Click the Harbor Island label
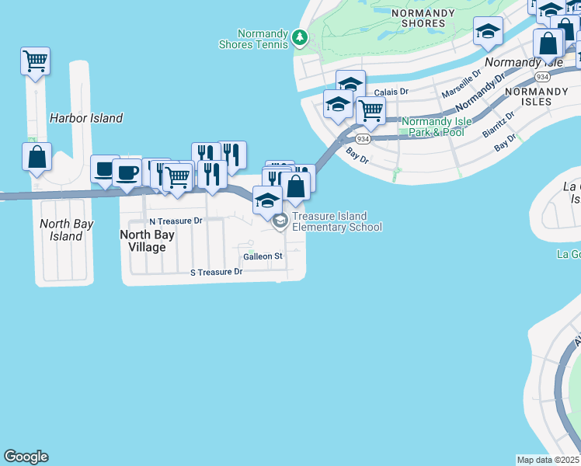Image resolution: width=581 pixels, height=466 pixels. (85, 118)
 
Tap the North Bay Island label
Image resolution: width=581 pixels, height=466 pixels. (66, 230)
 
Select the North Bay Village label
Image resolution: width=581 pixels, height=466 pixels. (143, 240)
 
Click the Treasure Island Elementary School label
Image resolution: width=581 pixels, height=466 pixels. (336, 221)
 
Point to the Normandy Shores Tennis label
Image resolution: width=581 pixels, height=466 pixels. (264, 39)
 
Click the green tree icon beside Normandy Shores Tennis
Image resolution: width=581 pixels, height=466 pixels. (300, 37)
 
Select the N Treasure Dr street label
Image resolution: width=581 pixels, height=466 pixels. (176, 221)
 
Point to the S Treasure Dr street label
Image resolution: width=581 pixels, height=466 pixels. (217, 273)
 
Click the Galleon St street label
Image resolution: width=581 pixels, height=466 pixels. (262, 256)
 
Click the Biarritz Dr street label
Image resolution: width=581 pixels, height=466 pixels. (498, 123)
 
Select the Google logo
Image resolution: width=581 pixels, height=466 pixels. (26, 457)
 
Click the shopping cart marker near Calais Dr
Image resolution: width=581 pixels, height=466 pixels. (371, 110)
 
